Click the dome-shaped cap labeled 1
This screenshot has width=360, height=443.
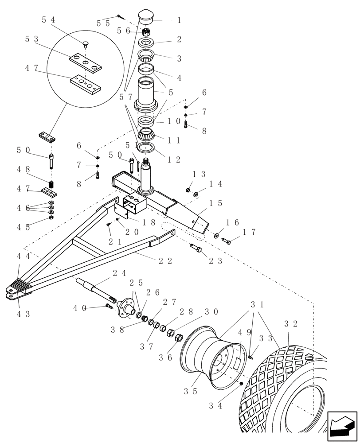(146, 17)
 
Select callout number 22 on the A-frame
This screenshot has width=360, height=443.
(165, 261)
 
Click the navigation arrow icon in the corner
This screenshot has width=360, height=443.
(342, 426)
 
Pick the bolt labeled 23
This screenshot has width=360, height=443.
(196, 248)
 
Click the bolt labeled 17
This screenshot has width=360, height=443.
(225, 241)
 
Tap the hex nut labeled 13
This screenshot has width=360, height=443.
(188, 190)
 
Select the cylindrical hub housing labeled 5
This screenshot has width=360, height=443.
(146, 94)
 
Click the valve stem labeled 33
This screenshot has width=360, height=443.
(251, 356)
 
